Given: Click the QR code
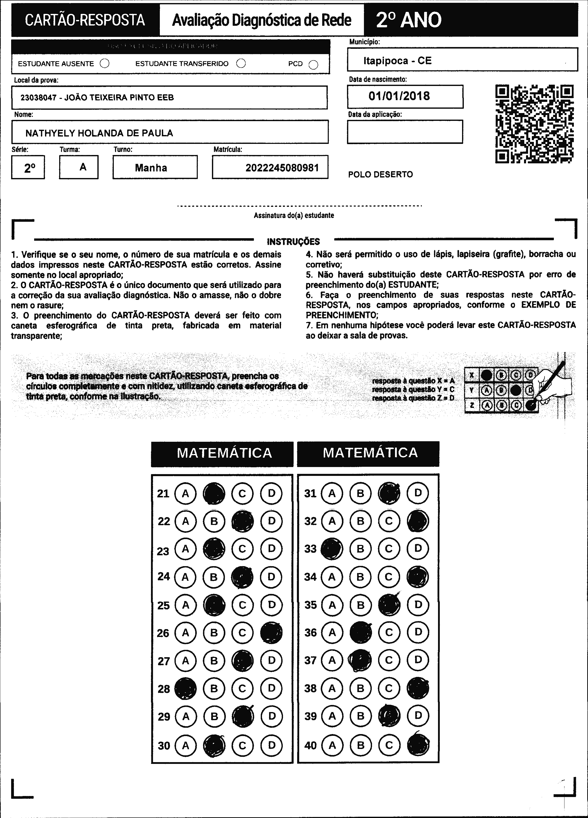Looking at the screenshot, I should [535, 124].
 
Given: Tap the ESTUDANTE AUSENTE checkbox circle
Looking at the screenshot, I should [105, 63].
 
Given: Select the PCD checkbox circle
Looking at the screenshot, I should [314, 64].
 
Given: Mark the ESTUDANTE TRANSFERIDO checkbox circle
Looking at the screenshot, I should [241, 63].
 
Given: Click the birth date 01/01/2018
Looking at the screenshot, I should [399, 96].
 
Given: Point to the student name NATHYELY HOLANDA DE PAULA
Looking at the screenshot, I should [99, 133].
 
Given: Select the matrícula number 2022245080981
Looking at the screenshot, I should [282, 168].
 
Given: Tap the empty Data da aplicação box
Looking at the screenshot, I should [405, 132].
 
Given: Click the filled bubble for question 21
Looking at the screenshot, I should [214, 493].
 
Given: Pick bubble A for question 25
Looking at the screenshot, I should [185, 605].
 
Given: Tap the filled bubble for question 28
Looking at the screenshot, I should [185, 689].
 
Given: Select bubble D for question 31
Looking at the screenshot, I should [418, 493].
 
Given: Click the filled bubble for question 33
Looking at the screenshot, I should [332, 549].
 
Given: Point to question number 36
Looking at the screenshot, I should [310, 633].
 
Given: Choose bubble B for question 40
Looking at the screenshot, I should [360, 745].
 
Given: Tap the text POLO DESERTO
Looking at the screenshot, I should [380, 174].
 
